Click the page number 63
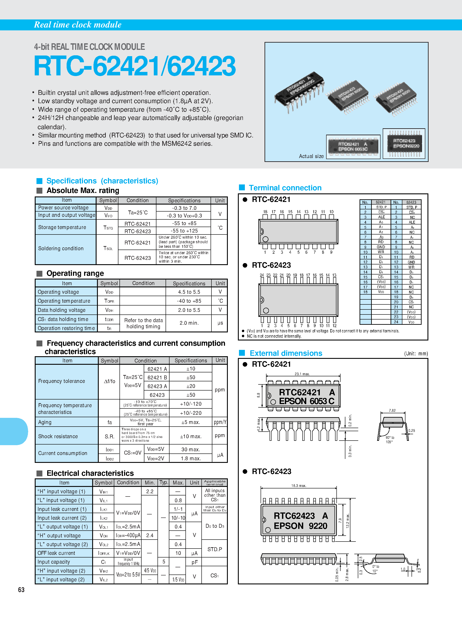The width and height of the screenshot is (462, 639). tap(21, 590)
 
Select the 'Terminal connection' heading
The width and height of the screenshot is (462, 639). tap(285, 188)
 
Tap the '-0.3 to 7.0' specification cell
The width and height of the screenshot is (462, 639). tap(184, 208)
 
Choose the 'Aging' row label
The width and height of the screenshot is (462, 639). tap(45, 422)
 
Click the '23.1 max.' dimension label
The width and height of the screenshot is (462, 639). tap(302, 374)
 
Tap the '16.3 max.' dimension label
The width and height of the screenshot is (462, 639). tap(299, 485)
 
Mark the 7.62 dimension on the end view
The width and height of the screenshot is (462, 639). tap(392, 410)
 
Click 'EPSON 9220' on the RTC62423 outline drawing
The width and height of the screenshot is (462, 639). tap(300, 526)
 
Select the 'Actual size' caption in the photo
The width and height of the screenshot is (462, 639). tap(311, 156)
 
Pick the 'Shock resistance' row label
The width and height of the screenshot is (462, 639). tap(58, 436)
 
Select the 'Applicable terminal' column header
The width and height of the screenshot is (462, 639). tap(215, 483)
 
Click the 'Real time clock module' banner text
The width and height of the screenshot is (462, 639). tap(78, 25)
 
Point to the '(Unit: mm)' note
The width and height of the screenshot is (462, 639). tap(416, 354)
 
